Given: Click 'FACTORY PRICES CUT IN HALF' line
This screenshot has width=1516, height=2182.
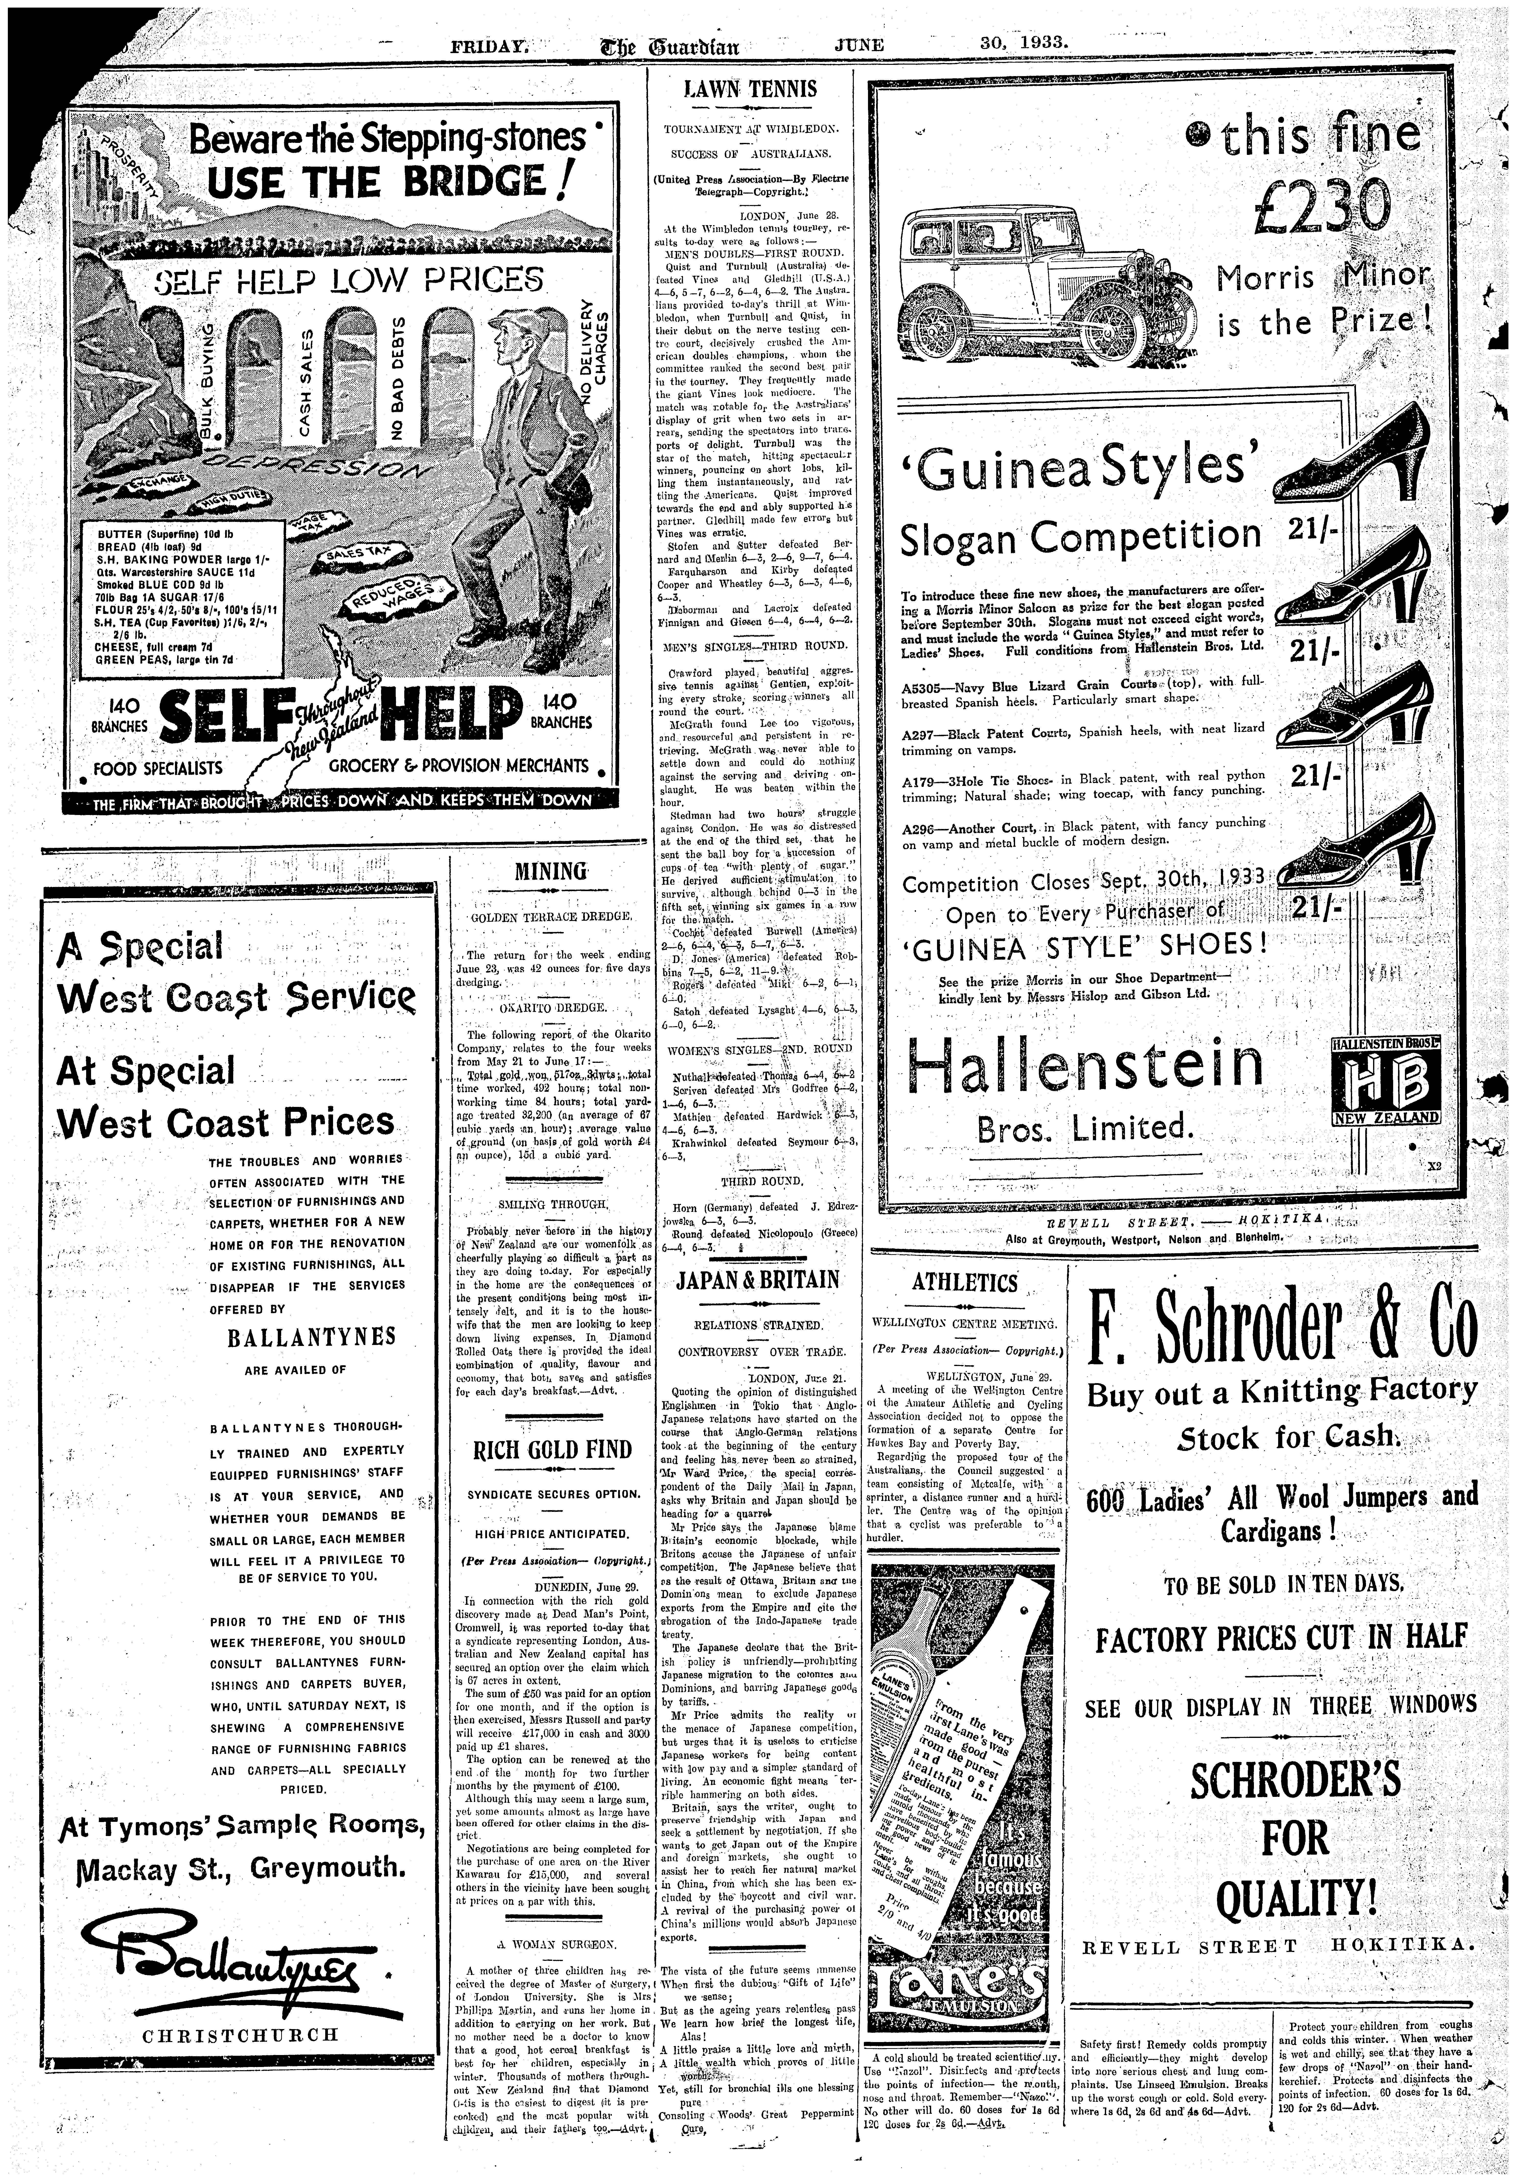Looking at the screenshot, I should point(1280,1639).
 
